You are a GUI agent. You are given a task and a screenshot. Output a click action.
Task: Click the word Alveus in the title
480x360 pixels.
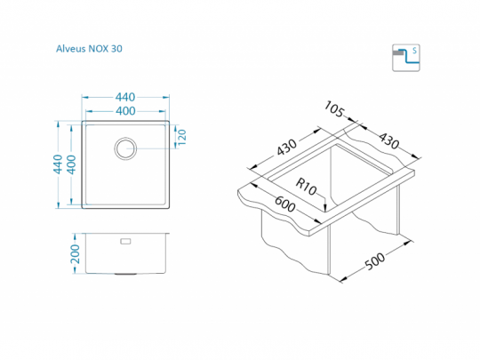pyautogui.click(x=71, y=49)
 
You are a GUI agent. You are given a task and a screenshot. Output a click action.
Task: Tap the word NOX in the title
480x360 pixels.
pyautogui.click(x=99, y=49)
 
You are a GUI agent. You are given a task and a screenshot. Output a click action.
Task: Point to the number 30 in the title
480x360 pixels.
pyautogui.click(x=116, y=49)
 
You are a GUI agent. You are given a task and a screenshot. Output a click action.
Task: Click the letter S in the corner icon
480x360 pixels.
pyautogui.click(x=414, y=50)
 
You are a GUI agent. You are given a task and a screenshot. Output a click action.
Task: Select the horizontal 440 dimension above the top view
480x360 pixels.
pyautogui.click(x=125, y=98)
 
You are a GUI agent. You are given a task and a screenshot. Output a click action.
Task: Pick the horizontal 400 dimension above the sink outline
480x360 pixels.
pyautogui.click(x=125, y=111)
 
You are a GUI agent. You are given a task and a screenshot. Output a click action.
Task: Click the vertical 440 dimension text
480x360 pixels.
pyautogui.click(x=58, y=164)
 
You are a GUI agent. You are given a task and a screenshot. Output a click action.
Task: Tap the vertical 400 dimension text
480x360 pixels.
pyautogui.click(x=71, y=164)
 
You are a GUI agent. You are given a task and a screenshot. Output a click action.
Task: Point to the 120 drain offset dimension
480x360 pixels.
pyautogui.click(x=182, y=138)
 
